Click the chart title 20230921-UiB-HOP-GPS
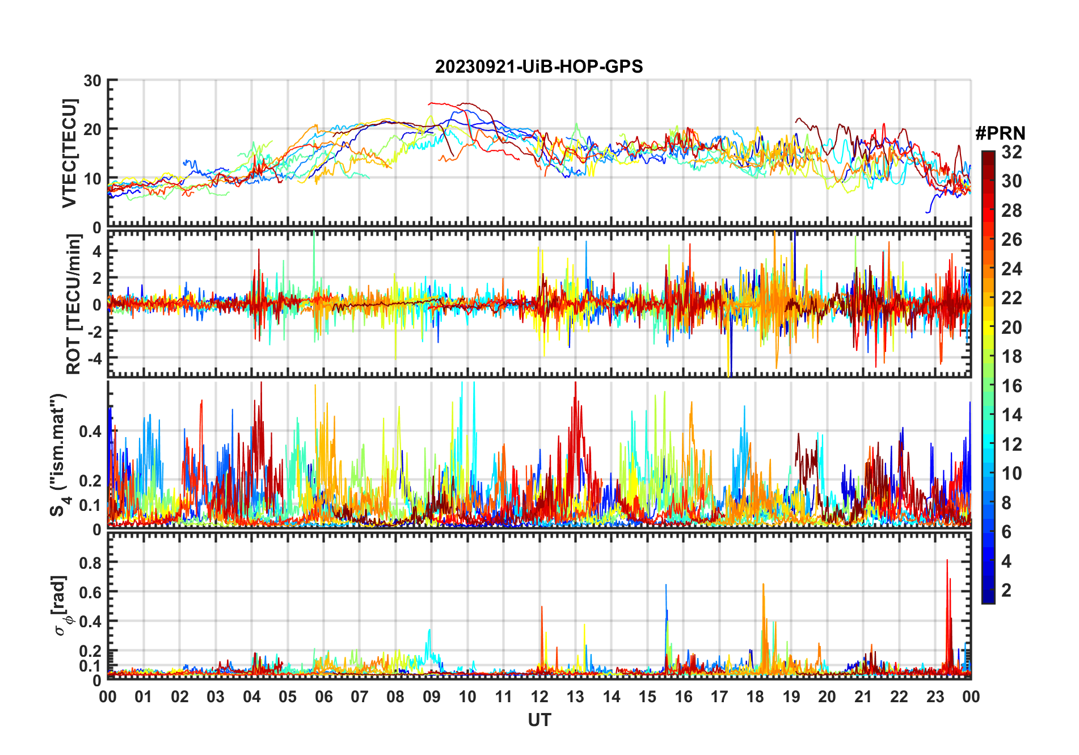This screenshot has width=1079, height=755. coord(539,67)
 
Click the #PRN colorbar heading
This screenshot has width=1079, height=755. coord(1000,133)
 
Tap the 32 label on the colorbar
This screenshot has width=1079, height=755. coord(1011,152)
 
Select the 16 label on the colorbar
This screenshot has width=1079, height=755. coord(1011,386)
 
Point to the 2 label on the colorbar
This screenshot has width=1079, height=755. coord(1006,590)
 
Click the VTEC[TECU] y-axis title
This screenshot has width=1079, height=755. coord(69,153)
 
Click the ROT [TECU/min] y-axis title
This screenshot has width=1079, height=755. coord(73,304)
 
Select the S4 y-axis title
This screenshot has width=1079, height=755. coord(59,454)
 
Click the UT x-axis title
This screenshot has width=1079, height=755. coord(539,720)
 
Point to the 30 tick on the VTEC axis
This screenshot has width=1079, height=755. coord(92,81)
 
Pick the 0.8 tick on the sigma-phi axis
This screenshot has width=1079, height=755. coord(90,563)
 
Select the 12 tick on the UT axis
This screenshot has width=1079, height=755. coord(539,697)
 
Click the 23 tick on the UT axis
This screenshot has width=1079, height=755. coord(935,697)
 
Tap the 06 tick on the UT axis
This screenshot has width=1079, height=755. coord(323,697)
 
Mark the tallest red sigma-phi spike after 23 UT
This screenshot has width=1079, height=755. coord(947,561)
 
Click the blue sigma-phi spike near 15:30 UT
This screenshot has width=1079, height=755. coord(666,586)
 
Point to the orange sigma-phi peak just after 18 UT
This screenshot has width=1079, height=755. coord(763,585)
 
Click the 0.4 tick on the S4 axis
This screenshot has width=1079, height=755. coord(90,431)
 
